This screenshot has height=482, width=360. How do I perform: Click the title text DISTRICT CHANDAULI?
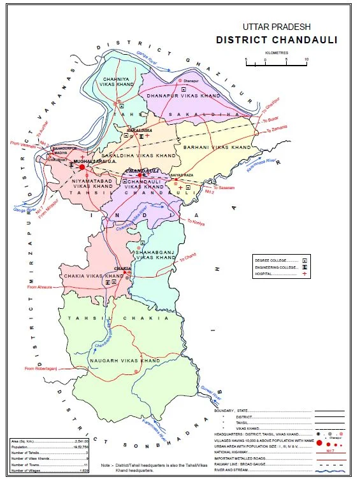(277, 40)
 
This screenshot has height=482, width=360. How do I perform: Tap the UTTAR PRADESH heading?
(276, 27)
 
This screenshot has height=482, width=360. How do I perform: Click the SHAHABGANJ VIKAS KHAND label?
(155, 255)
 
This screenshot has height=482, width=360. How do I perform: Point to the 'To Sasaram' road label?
(224, 188)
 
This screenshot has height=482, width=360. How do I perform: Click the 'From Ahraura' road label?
(40, 287)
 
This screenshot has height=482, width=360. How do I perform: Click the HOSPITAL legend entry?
(272, 274)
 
